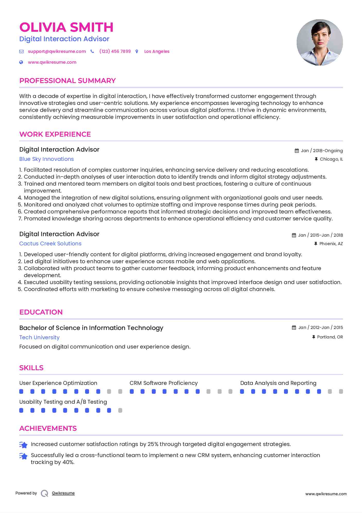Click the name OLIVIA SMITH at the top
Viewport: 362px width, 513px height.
tap(66, 27)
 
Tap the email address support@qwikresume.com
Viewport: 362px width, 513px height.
tap(57, 51)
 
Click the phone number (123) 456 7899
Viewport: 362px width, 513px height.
tap(115, 51)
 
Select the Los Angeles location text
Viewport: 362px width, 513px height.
tap(157, 51)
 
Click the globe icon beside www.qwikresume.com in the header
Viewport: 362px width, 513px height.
tap(21, 62)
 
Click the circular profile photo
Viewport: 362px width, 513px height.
tap(320, 43)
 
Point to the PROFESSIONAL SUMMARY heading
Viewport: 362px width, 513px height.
tap(67, 81)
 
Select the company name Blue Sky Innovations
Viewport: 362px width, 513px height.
tap(47, 159)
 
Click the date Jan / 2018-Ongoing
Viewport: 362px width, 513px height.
tap(322, 151)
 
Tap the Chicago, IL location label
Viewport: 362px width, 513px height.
tap(331, 159)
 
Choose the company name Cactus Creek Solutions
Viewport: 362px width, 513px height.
tap(50, 244)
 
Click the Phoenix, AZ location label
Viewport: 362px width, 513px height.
tap(331, 244)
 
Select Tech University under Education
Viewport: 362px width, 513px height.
tap(39, 337)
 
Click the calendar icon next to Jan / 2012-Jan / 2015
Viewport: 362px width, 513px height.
tap(294, 327)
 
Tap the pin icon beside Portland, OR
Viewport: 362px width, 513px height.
tap(313, 337)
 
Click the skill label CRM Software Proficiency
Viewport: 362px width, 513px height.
tap(164, 383)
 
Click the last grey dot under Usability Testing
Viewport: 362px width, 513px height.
tap(120, 410)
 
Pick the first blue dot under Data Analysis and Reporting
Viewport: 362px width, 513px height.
tap(242, 392)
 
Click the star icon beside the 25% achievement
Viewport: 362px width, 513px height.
tap(23, 445)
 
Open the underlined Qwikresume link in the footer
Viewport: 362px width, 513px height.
tap(63, 493)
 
